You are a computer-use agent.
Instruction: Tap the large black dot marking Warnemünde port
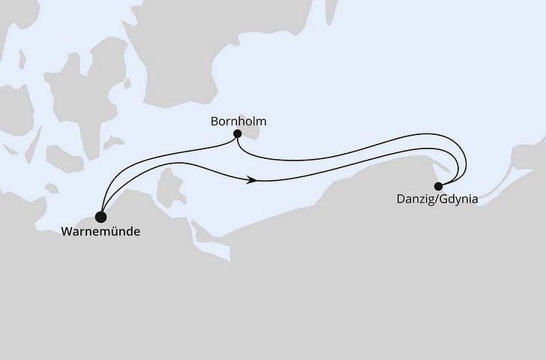100,215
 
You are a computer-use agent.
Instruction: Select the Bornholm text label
239,121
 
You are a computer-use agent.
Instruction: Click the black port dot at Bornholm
238,134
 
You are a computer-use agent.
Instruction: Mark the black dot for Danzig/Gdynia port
438,186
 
